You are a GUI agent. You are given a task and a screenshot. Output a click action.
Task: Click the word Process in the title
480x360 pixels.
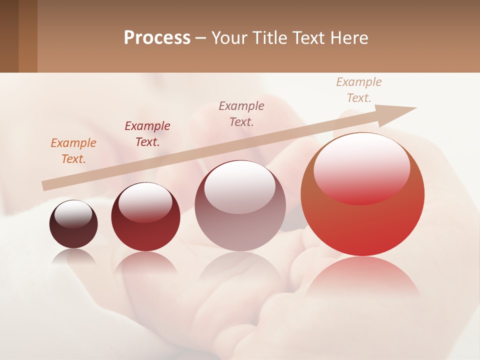157,38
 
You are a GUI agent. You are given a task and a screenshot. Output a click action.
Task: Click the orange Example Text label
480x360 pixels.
73,151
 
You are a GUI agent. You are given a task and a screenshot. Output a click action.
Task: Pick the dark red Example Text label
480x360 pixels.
147,134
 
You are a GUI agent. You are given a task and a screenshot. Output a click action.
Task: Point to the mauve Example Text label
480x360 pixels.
241,113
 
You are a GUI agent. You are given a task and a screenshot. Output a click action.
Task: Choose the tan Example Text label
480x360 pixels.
358,90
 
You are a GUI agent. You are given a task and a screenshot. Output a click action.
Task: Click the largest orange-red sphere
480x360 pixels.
362,225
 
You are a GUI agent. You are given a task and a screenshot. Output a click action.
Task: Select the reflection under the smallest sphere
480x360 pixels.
73,255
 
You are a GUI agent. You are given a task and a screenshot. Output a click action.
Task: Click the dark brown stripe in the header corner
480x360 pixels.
9,36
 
